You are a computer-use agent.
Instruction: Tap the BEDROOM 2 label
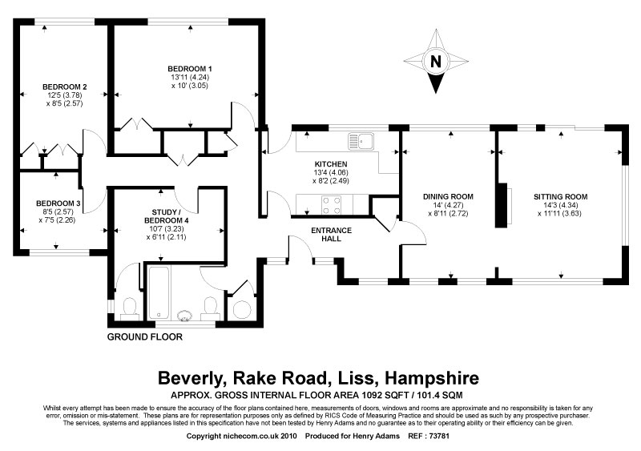coord(65,87)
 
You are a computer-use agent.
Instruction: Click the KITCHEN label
coord(330,164)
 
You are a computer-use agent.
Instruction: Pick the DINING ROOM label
coord(447,196)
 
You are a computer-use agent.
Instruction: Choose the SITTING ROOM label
coord(561,196)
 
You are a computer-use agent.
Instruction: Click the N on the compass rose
coord(435,61)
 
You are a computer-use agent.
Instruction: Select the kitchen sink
coord(361,141)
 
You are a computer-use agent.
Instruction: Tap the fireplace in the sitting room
coord(506,204)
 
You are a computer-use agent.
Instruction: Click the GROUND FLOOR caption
coord(145,337)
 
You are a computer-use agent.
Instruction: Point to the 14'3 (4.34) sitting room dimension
coord(561,205)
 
